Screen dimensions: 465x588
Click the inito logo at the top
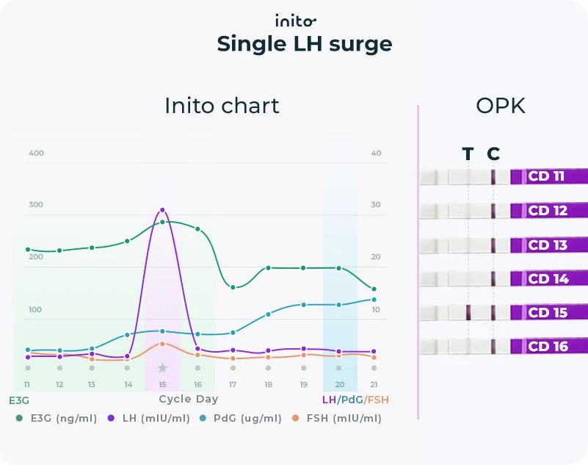click(295, 20)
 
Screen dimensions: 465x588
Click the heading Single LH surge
click(304, 44)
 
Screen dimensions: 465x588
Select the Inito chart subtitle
click(222, 106)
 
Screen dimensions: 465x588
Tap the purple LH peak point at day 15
click(162, 210)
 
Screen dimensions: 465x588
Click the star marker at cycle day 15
click(162, 368)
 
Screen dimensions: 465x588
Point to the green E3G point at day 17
click(233, 287)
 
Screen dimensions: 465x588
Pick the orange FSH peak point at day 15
click(162, 344)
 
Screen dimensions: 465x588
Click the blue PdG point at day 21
click(374, 299)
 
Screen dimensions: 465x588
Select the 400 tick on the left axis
click(36, 154)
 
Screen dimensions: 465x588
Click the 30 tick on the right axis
click(376, 205)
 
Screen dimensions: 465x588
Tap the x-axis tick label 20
click(339, 385)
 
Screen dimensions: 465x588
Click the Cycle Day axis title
click(189, 400)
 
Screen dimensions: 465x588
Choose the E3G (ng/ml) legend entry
click(55, 419)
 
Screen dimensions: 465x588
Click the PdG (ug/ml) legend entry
click(246, 419)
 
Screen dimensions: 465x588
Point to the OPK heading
click(501, 106)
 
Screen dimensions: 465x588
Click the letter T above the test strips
click(468, 154)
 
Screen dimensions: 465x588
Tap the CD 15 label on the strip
click(548, 313)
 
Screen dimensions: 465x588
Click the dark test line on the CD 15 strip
click(468, 312)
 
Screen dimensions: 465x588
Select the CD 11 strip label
click(547, 177)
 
